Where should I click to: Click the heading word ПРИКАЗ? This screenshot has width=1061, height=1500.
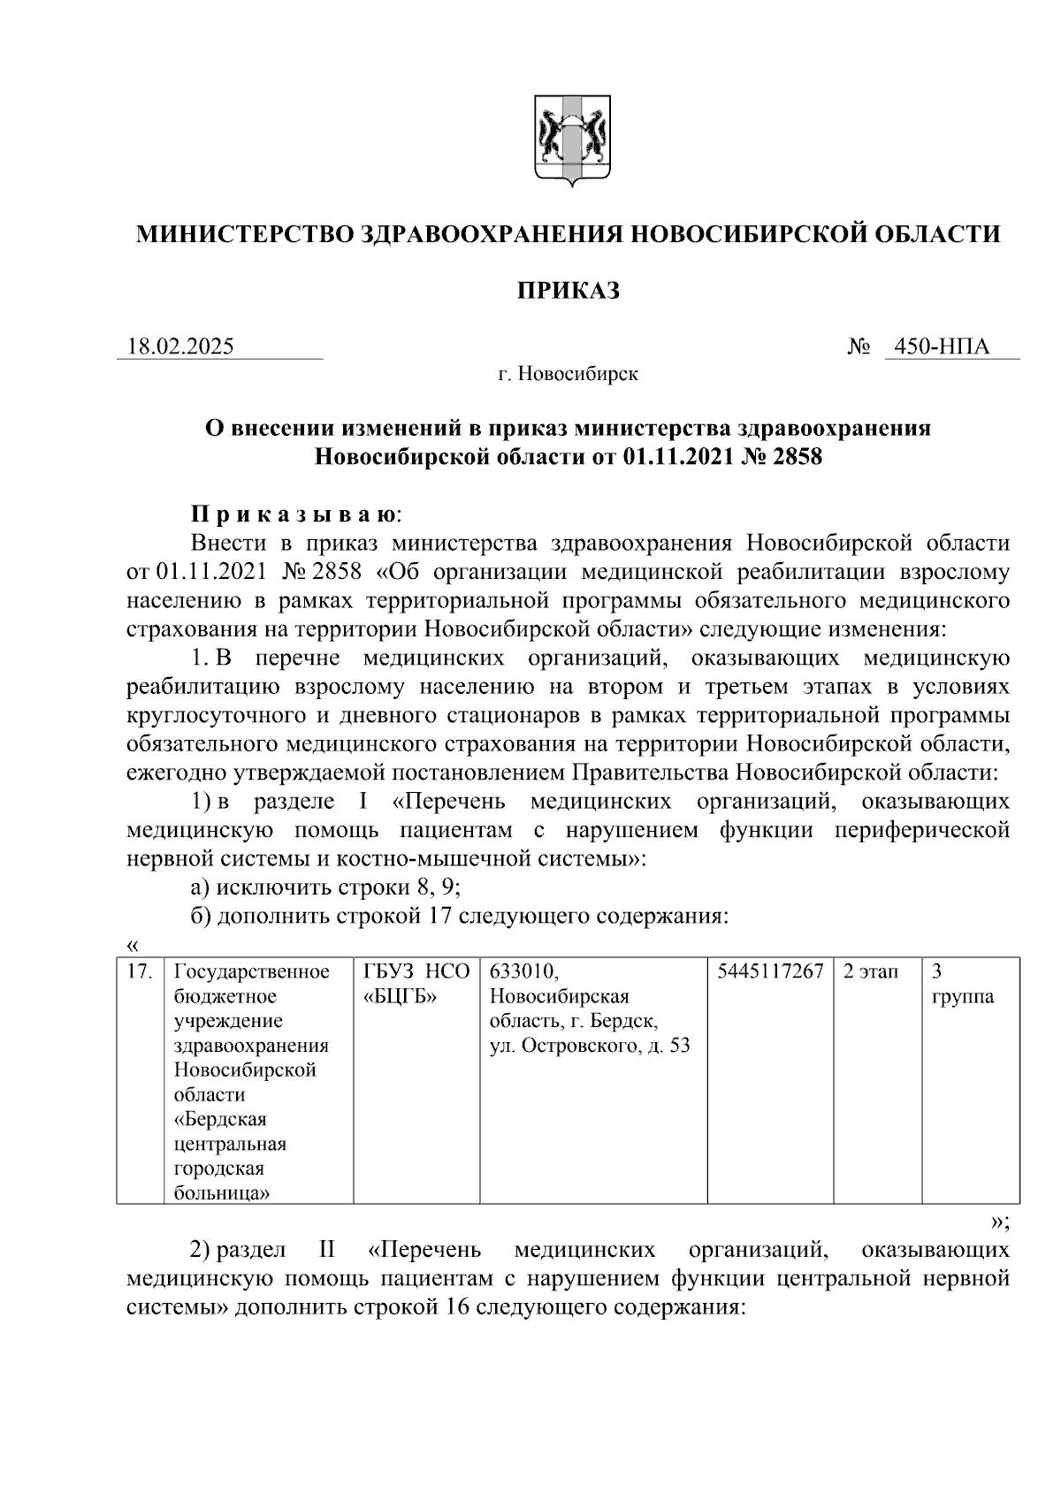pos(569,290)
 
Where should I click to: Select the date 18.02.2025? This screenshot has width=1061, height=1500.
pos(181,346)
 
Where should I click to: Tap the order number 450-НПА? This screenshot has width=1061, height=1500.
pos(942,346)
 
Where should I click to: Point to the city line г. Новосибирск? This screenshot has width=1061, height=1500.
pos(568,375)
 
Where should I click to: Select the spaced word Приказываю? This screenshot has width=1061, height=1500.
pos(295,514)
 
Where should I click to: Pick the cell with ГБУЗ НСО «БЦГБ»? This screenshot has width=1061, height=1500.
pos(416,985)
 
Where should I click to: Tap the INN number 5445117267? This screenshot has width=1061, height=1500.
pos(770,972)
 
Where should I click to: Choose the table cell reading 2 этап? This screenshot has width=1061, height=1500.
pos(870,972)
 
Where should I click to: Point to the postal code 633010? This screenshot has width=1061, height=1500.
pos(523,972)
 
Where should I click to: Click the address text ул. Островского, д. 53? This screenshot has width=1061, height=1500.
pos(590,1047)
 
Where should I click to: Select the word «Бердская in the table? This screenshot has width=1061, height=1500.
pos(220,1120)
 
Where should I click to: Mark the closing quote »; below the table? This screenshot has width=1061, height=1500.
pos(999,1222)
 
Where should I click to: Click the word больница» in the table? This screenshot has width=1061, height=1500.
pos(222,1194)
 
